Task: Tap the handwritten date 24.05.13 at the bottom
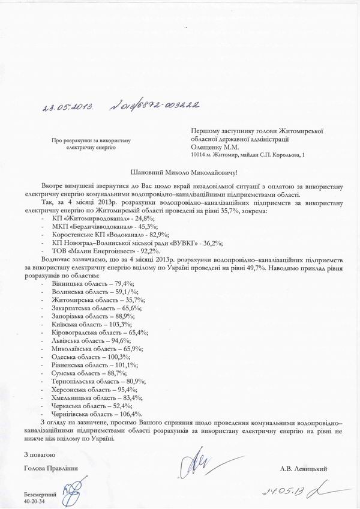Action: pos(287,490)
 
